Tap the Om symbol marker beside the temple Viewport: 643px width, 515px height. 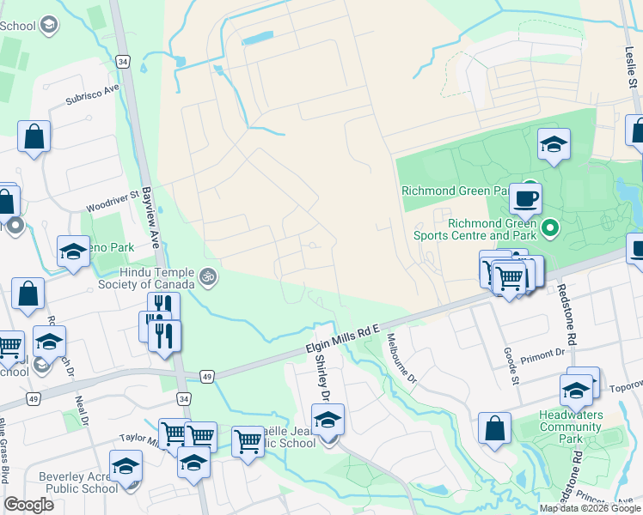click(206, 276)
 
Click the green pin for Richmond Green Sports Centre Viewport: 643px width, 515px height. click(551, 227)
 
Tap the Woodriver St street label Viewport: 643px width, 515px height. click(113, 203)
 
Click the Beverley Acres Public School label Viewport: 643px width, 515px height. click(77, 482)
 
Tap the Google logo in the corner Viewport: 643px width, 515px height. click(29, 505)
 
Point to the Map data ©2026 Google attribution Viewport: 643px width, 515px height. click(590, 508)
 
